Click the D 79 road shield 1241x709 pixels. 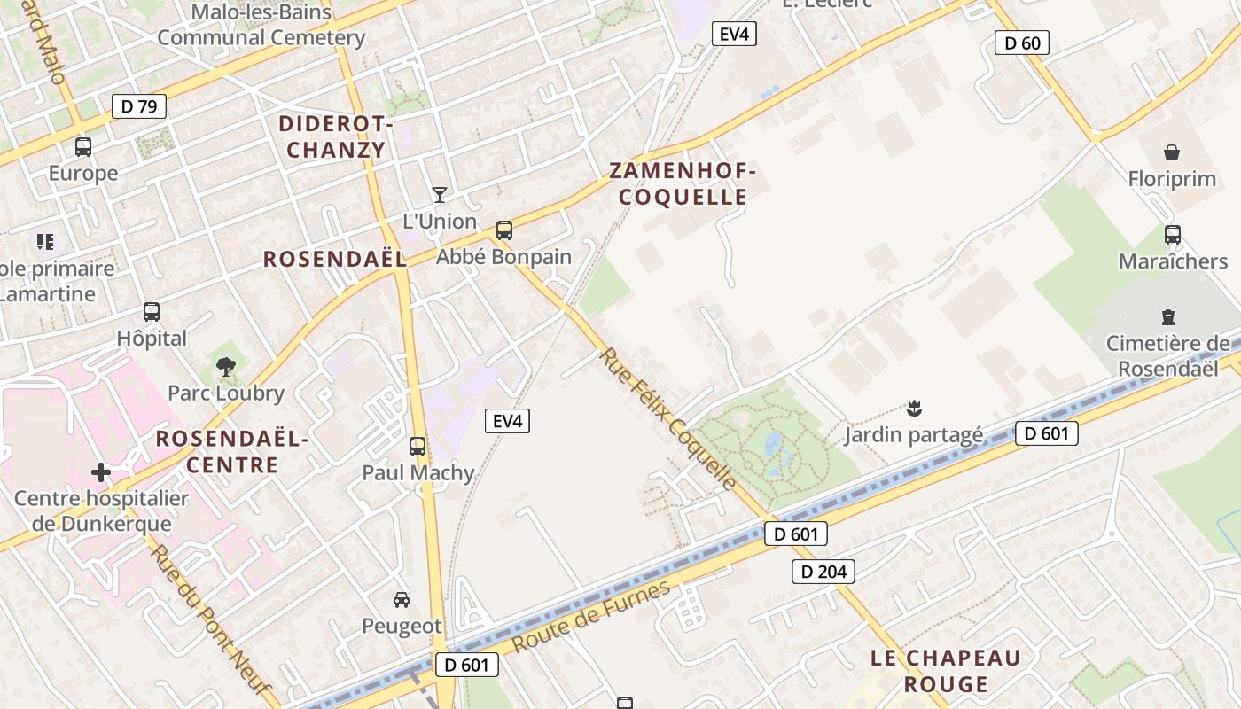[x=139, y=107]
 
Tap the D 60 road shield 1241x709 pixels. [x=1022, y=42]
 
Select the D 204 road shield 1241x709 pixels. [x=823, y=572]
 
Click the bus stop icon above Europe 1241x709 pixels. [x=83, y=147]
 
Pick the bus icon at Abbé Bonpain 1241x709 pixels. [x=504, y=230]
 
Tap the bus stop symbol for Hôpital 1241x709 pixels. [x=152, y=312]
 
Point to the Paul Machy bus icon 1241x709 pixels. [x=418, y=447]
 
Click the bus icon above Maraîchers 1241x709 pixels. [x=1173, y=235]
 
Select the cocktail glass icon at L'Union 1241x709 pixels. [x=439, y=194]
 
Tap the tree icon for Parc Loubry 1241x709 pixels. [x=226, y=366]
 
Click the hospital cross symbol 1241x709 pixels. [x=102, y=472]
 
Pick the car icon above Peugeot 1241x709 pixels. [x=402, y=600]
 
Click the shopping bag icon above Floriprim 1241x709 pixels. [x=1172, y=152]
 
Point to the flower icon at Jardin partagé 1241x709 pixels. [x=914, y=409]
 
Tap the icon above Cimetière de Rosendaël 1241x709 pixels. [x=1167, y=316]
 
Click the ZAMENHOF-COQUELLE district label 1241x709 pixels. [x=683, y=183]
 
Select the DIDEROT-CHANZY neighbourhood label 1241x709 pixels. [x=336, y=136]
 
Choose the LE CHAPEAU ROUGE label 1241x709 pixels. [x=946, y=671]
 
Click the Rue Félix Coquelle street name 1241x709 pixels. [x=668, y=418]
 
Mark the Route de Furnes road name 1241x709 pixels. [x=591, y=617]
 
